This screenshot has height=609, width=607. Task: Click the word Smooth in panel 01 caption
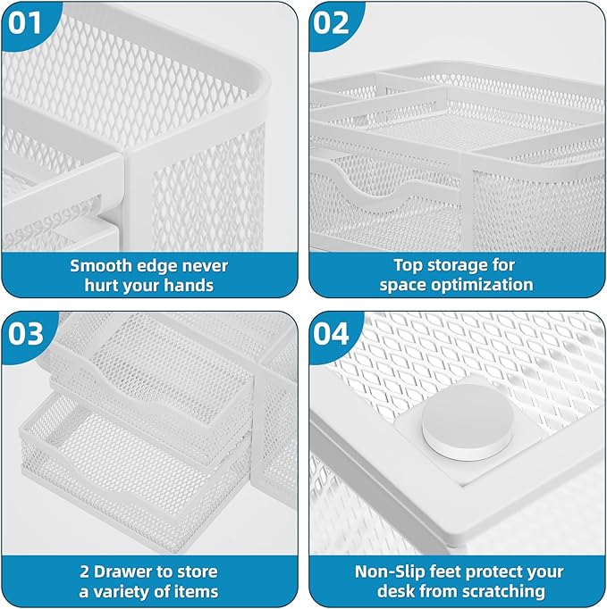[x=104, y=265]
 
